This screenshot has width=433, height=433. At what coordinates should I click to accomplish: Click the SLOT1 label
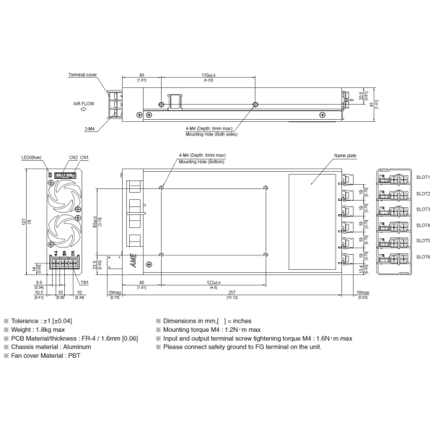click(x=423, y=177)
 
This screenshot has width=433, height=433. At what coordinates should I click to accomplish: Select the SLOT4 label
click(x=423, y=225)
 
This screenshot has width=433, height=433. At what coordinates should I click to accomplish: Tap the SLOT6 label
click(x=423, y=257)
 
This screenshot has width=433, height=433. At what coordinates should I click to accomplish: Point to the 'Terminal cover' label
click(x=83, y=74)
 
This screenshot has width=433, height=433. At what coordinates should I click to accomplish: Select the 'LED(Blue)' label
click(x=31, y=157)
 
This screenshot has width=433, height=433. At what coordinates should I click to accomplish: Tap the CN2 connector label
click(x=73, y=157)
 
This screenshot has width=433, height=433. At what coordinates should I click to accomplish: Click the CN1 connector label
click(x=84, y=157)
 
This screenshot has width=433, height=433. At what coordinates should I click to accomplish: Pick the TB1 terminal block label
click(x=85, y=283)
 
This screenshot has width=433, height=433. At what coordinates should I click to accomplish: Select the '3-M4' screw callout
click(x=91, y=128)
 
